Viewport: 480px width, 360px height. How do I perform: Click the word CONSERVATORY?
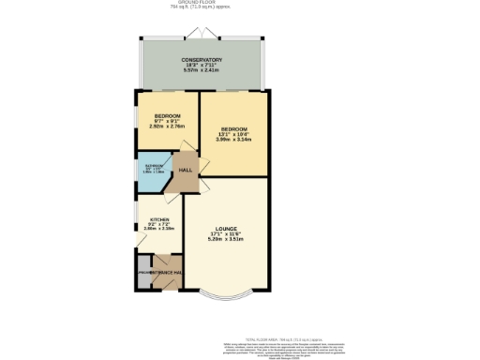tap(202, 60)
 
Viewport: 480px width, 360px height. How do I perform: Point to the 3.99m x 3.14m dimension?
tap(233, 139)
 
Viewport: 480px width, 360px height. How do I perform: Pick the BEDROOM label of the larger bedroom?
tap(233, 127)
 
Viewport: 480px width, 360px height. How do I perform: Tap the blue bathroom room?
tap(152, 171)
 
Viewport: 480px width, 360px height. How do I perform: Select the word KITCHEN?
tap(159, 221)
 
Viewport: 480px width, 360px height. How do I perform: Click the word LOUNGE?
tap(225, 229)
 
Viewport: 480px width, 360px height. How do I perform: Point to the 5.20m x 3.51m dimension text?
tap(225, 239)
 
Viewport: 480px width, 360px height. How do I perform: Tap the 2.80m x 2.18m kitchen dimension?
tap(159, 229)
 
